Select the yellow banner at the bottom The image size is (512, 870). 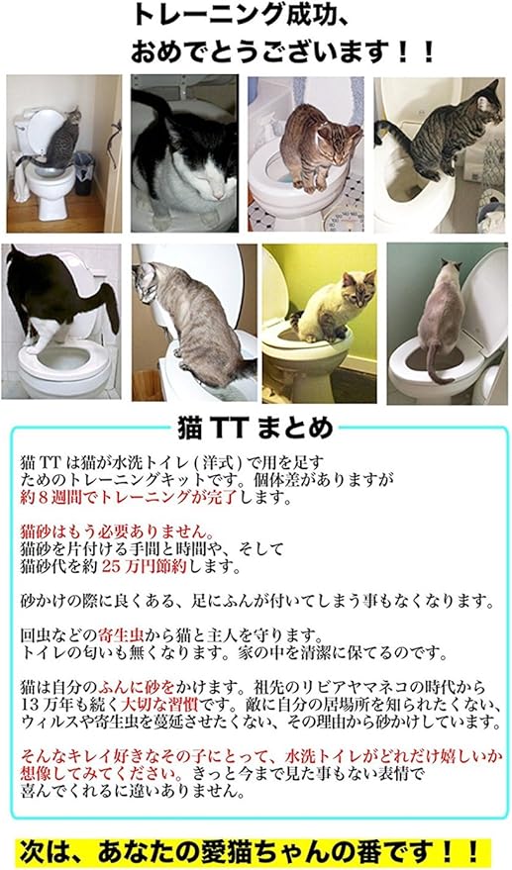click(x=256, y=850)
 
